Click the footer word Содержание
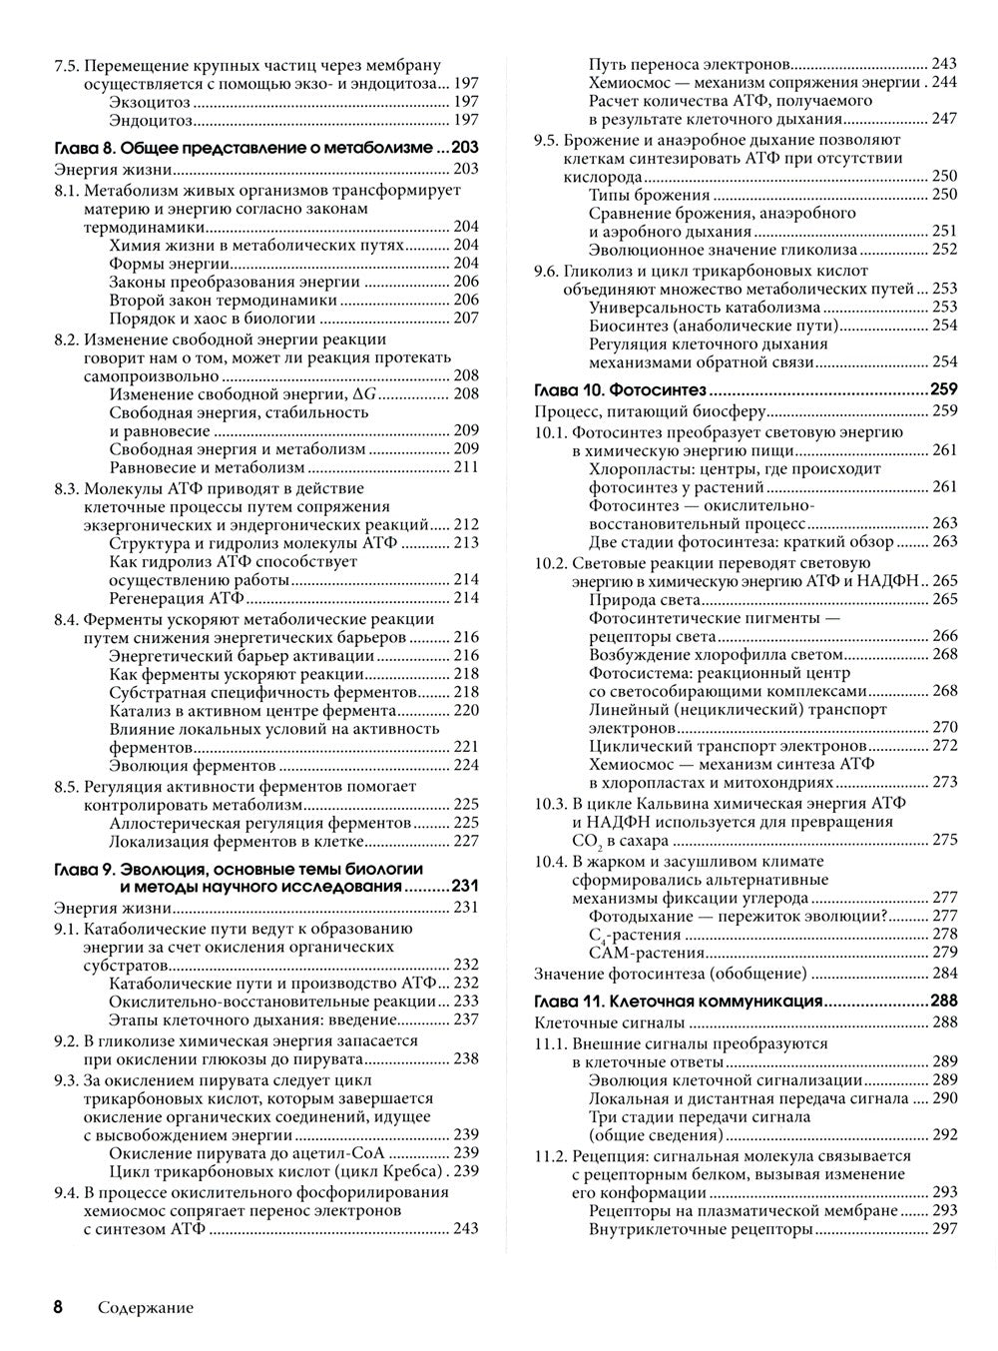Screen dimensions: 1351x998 [x=146, y=1308]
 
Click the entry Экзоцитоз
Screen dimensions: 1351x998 [x=149, y=102]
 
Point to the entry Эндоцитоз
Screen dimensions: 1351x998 [x=150, y=121]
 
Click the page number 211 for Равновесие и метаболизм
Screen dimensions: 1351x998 [x=466, y=467]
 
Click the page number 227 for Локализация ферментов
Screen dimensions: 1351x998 [x=466, y=841]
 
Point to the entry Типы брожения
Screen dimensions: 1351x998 [x=650, y=195]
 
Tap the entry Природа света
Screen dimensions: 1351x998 [x=645, y=599]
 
